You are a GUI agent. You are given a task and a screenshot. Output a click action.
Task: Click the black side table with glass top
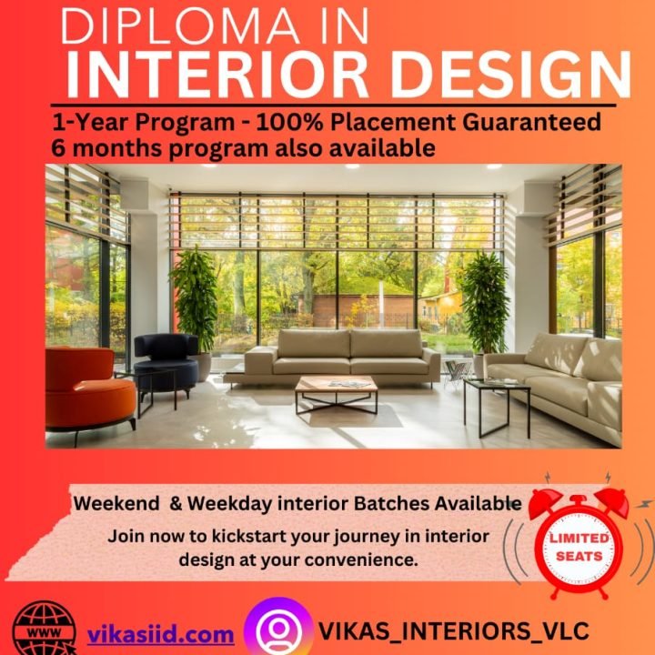(x=496, y=401)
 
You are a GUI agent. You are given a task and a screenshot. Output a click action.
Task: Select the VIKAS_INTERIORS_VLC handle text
(x=454, y=630)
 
